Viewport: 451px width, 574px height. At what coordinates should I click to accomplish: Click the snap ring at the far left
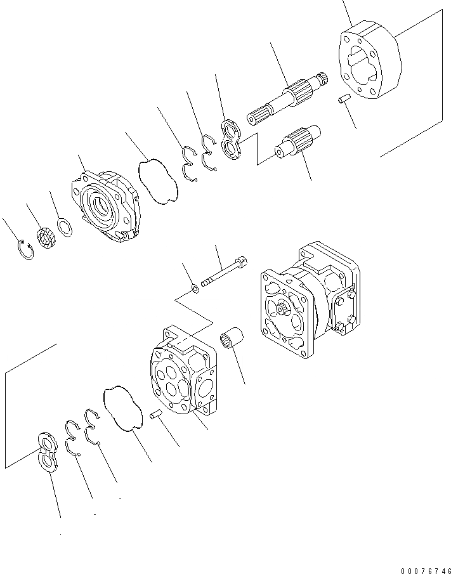26,250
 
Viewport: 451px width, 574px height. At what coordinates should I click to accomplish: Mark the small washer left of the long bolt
197,290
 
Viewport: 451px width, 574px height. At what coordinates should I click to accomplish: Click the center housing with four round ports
182,374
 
